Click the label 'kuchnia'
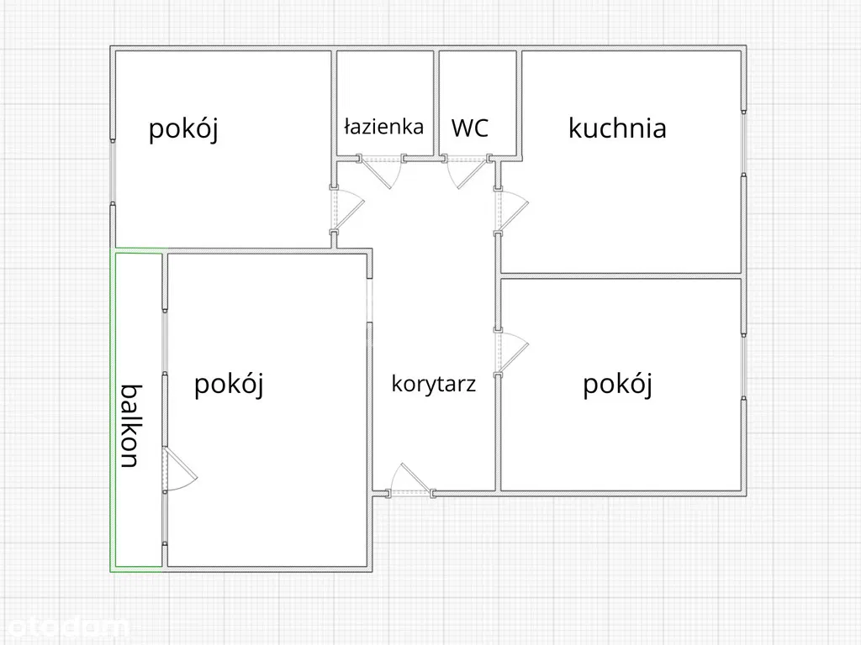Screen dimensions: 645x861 (617, 128)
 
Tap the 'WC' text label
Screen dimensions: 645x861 (469, 128)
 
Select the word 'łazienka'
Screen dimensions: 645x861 (383, 127)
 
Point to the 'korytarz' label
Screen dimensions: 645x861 (434, 385)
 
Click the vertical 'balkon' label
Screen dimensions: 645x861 (129, 426)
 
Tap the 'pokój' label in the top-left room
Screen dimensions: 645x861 (183, 129)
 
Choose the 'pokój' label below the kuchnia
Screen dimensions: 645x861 (618, 384)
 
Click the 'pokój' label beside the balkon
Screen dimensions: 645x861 (229, 384)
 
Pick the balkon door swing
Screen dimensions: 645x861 (178, 471)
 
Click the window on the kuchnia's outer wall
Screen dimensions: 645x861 (743, 143)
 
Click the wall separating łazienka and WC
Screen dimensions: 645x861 (436, 102)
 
